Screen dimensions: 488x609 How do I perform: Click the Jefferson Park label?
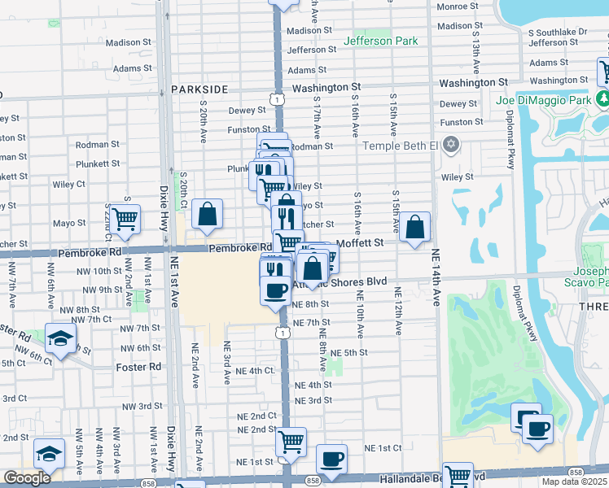[x=380, y=41]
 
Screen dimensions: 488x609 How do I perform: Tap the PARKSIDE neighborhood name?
[x=199, y=89]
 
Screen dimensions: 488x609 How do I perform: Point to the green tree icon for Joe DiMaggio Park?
[x=603, y=99]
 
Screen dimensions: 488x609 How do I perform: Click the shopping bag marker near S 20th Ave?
[x=208, y=215]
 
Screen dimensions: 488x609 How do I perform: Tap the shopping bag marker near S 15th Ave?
[x=414, y=227]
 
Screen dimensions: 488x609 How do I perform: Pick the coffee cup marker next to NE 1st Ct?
[x=331, y=459]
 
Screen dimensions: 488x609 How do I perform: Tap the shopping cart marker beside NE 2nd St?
[x=291, y=442]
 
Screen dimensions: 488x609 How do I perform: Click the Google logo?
[x=27, y=477]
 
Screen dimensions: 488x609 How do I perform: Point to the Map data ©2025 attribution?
[x=573, y=481]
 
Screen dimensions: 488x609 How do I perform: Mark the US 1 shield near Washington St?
[x=279, y=98]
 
